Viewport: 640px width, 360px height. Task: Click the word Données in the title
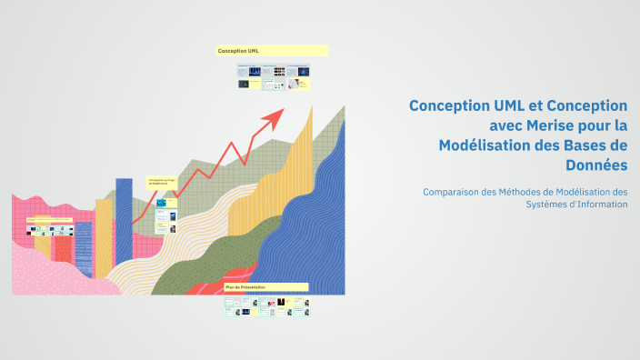click(595, 165)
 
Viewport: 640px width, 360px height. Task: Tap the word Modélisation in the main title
click(480, 145)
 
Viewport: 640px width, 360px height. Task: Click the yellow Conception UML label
click(272, 51)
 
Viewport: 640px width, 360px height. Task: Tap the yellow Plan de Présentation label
click(266, 287)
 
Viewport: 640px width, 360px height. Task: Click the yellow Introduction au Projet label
click(163, 182)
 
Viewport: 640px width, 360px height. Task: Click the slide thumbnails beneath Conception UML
click(274, 76)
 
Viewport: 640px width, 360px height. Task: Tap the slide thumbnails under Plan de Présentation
click(266, 307)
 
